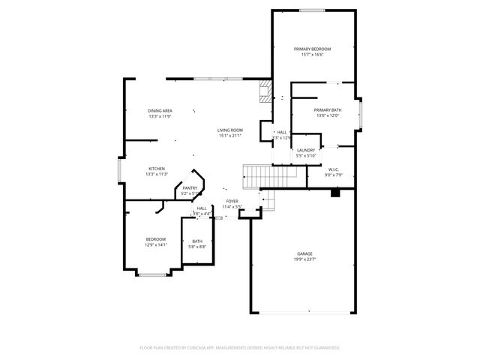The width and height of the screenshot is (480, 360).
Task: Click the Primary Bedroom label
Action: [316, 49]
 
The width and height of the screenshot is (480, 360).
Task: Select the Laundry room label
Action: [306, 150]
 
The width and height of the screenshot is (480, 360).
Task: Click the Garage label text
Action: [304, 254]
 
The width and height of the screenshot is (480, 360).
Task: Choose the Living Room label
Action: [230, 130]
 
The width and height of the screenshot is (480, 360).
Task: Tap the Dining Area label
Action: [160, 111]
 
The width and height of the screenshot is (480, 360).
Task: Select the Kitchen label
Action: [156, 169]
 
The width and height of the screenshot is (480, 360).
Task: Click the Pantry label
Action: [190, 188]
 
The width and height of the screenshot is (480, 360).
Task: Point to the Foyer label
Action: [232, 201]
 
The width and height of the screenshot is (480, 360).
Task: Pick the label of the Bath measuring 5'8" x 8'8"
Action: [196, 241]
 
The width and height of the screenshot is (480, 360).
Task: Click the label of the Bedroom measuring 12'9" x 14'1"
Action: [156, 239]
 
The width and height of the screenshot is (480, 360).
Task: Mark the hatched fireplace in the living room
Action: [264, 92]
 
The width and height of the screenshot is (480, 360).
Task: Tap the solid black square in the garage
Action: [335, 192]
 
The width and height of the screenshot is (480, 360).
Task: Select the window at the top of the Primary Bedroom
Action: [312, 10]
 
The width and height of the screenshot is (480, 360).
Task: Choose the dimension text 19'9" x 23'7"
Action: [304, 260]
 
